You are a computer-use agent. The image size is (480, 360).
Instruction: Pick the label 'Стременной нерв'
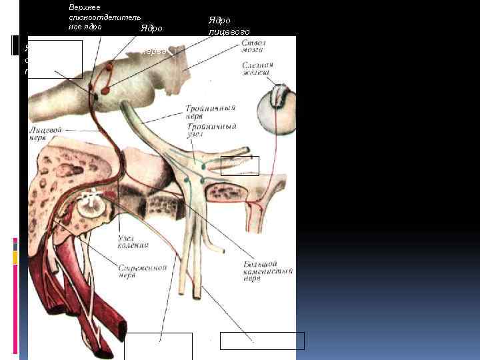point(142,271)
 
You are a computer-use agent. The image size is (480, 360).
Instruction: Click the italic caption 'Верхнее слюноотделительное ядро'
point(105,17)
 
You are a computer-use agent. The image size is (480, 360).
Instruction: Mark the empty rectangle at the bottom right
point(262,341)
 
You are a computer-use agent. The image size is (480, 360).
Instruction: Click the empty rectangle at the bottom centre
point(158,346)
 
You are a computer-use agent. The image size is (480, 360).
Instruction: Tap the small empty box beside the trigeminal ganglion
point(239,165)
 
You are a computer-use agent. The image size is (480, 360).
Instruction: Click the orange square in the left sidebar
point(15,242)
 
